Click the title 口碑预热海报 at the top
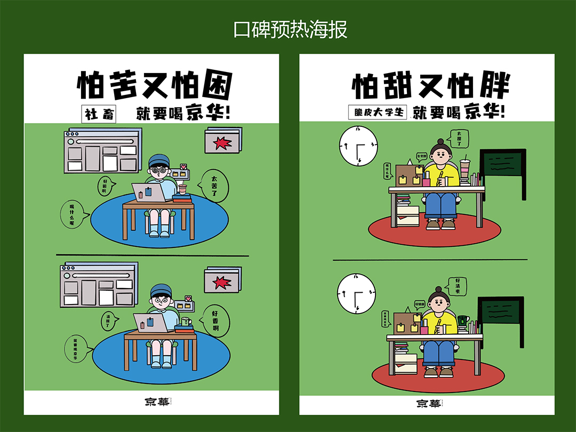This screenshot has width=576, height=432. pos(291,29)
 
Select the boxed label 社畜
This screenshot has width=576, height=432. pos(100,114)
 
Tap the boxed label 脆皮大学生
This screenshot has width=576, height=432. pos(378,113)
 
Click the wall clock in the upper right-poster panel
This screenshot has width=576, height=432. pos(358,146)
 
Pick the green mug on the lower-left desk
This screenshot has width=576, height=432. pos(185,322)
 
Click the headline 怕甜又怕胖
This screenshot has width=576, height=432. pos(430,85)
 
